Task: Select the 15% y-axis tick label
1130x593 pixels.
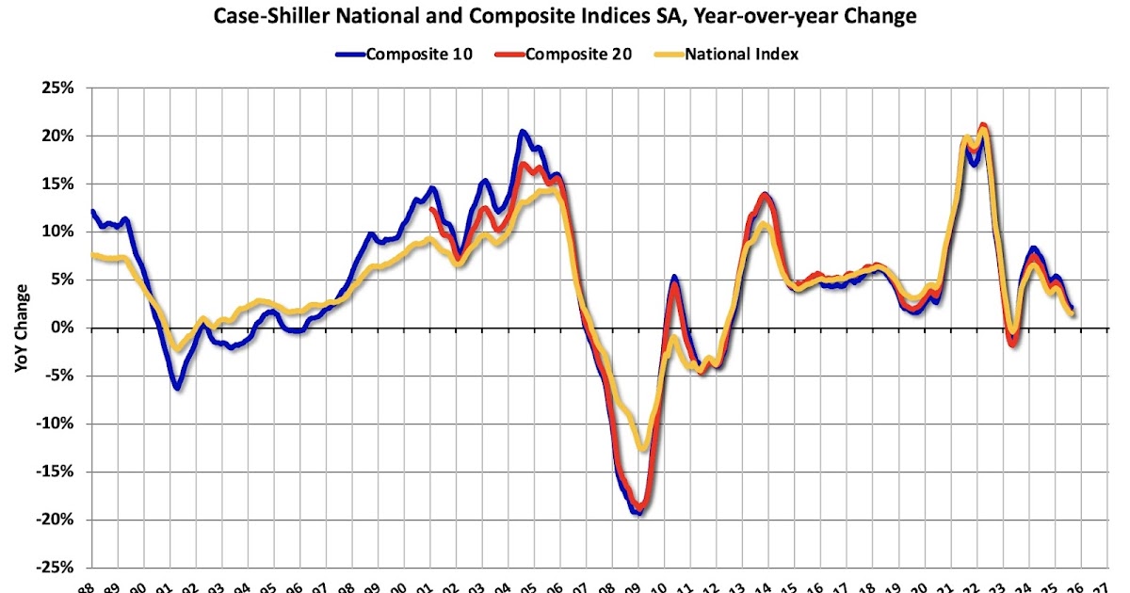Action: point(56,184)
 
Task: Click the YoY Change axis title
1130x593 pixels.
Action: point(21,328)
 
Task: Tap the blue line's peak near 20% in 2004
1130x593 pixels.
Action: point(523,132)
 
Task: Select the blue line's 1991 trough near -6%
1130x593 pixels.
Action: point(177,387)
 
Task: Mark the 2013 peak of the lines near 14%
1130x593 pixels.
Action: point(764,195)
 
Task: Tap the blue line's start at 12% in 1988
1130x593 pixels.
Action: point(91,211)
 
